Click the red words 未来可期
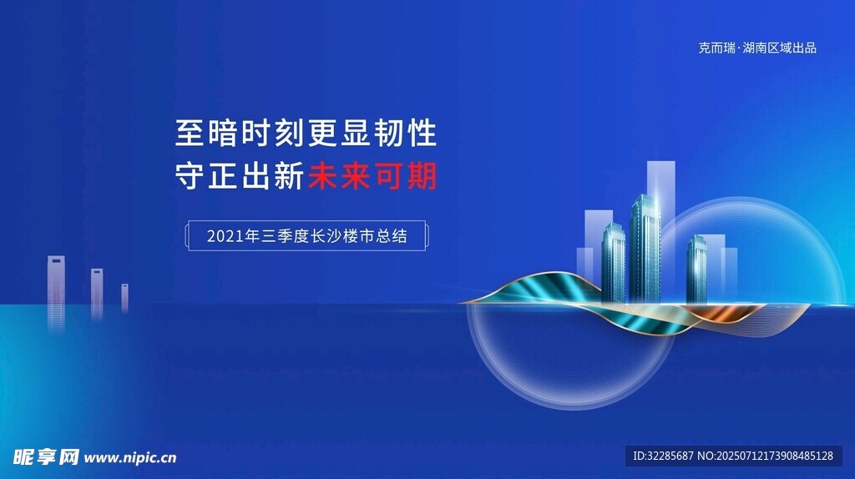coord(372,176)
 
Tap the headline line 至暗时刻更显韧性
coord(306,133)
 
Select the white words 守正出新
coord(240,176)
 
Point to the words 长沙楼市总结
coord(358,236)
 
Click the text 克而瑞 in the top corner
coord(716,48)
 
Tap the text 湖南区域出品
coord(779,48)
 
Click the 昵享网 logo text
coord(46,457)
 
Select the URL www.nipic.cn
coord(129,458)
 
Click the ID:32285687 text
coord(663,456)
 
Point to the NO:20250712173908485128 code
coord(765,456)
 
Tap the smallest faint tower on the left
coord(125,298)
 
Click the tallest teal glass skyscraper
coord(645,248)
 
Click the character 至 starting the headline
coord(190,133)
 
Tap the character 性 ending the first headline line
coord(423,133)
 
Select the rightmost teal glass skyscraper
coord(697,269)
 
